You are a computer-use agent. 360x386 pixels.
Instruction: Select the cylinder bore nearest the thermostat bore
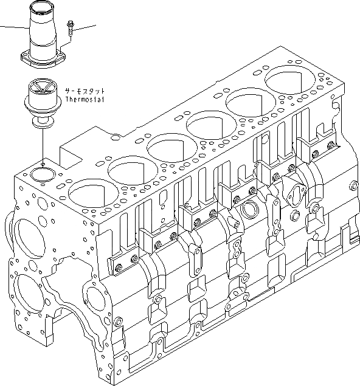click(x=86, y=193)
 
